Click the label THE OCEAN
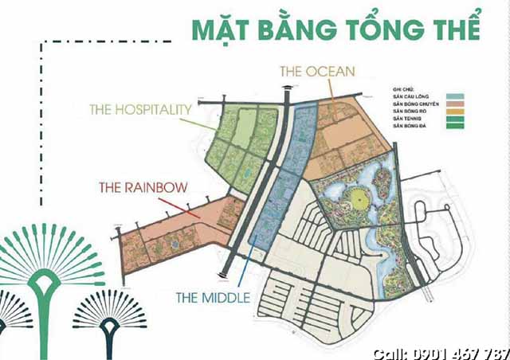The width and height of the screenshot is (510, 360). coord(316,71)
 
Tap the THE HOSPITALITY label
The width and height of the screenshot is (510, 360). coord(140,108)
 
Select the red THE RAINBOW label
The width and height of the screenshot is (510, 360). coord(143,188)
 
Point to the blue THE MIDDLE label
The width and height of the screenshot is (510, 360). coord(213,298)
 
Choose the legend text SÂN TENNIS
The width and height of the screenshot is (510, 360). coord(406,119)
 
